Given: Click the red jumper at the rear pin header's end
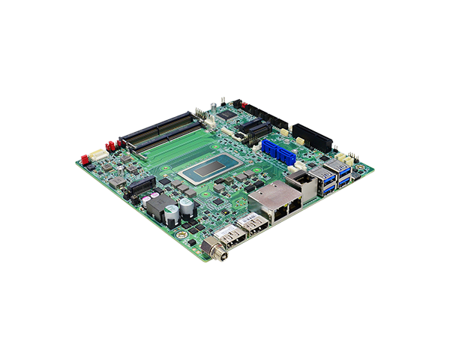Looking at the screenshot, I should [x=237, y=103].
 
